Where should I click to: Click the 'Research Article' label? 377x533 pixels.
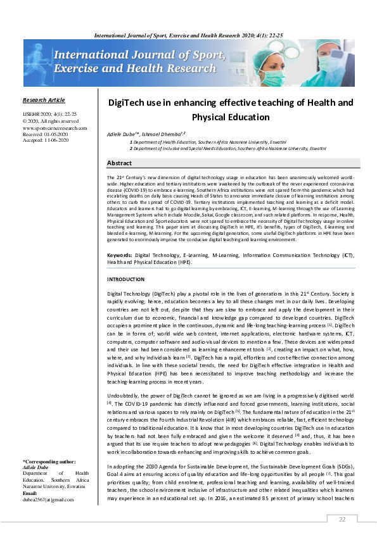[x=43, y=100]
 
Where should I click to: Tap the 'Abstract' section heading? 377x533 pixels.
[x=119, y=163]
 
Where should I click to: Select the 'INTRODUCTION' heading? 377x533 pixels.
[x=126, y=279]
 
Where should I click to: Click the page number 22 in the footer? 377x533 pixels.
[x=342, y=519]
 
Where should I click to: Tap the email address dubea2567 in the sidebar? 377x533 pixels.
[x=48, y=499]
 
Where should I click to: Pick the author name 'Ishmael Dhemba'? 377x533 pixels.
[x=165, y=135]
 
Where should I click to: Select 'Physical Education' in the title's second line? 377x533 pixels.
[x=231, y=117]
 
